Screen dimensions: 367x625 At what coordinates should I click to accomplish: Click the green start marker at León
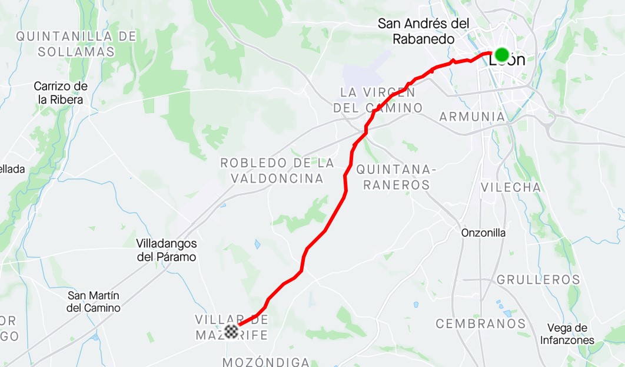pyautogui.click(x=501, y=55)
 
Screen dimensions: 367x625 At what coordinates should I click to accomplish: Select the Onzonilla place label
pyautogui.click(x=483, y=233)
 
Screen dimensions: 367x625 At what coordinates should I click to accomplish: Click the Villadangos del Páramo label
pyautogui.click(x=166, y=250)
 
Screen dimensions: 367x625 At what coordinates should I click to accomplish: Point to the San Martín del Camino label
pyautogui.click(x=94, y=302)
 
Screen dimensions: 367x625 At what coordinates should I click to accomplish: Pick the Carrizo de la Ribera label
pyautogui.click(x=61, y=93)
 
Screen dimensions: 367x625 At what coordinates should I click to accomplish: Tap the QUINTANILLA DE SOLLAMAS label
pyautogui.click(x=76, y=44)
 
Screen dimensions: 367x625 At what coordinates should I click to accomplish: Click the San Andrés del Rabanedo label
pyautogui.click(x=424, y=31)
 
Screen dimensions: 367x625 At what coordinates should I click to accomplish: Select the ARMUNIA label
pyautogui.click(x=472, y=117)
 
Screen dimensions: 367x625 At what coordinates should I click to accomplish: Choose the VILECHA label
pyautogui.click(x=510, y=187)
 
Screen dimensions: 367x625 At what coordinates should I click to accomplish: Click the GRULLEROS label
pyautogui.click(x=538, y=280)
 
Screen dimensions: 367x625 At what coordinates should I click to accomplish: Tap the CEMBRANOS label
pyautogui.click(x=480, y=323)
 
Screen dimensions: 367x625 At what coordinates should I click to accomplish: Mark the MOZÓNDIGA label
pyautogui.click(x=266, y=361)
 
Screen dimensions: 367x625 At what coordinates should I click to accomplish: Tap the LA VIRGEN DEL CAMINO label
pyautogui.click(x=378, y=100)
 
